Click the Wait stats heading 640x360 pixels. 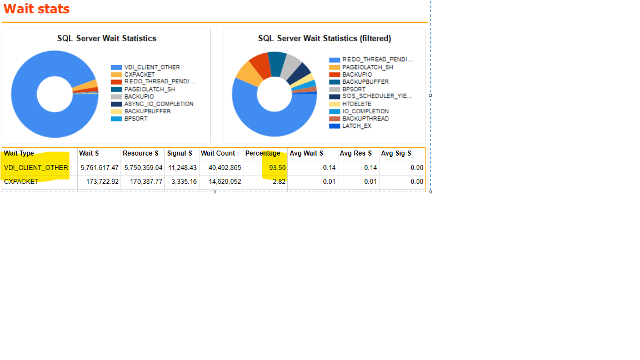click(37, 9)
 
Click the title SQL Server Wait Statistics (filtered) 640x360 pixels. click(324, 38)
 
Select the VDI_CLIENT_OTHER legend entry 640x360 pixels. click(152, 67)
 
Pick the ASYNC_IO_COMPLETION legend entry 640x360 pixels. click(158, 104)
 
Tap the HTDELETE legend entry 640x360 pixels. click(357, 104)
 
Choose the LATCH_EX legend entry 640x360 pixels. click(357, 126)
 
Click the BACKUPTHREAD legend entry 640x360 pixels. click(365, 119)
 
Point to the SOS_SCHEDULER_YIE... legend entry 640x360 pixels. click(377, 96)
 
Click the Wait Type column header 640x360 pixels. click(19, 153)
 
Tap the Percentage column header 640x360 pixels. click(263, 153)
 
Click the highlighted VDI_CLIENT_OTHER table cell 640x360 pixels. click(36, 168)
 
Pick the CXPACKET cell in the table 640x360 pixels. click(21, 182)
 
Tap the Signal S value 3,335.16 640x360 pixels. click(183, 182)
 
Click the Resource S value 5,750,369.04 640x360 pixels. click(143, 168)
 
